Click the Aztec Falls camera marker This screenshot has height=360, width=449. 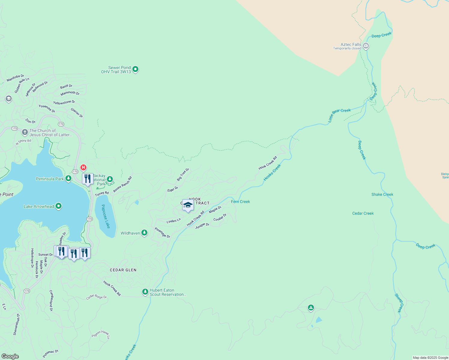pyautogui.click(x=366, y=46)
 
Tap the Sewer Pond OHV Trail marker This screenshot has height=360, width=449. pyautogui.click(x=135, y=69)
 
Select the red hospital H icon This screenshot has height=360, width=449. pyautogui.click(x=83, y=167)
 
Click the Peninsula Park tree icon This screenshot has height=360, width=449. pyautogui.click(x=68, y=178)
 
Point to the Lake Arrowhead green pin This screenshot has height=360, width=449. pyautogui.click(x=59, y=206)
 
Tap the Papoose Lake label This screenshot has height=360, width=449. pyautogui.click(x=106, y=216)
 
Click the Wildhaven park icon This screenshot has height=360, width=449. pyautogui.click(x=144, y=233)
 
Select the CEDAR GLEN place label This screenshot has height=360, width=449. pyautogui.click(x=123, y=270)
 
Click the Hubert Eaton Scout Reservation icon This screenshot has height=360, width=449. pyautogui.click(x=145, y=292)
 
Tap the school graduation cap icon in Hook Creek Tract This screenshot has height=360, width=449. pyautogui.click(x=188, y=205)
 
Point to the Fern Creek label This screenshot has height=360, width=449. pyautogui.click(x=240, y=202)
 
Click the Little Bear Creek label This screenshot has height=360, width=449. pyautogui.click(x=339, y=115)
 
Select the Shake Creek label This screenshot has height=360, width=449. pyautogui.click(x=382, y=194)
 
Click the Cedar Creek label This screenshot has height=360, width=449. pyautogui.click(x=363, y=213)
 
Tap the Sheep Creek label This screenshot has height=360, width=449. pyautogui.click(x=399, y=303)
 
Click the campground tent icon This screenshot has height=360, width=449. pyautogui.click(x=311, y=307)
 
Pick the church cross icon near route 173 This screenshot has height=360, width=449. pyautogui.click(x=25, y=132)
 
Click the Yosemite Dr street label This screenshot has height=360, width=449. pyautogui.click(x=47, y=109)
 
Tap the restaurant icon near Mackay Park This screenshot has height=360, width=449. pyautogui.click(x=88, y=179)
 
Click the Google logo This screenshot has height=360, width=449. pyautogui.click(x=10, y=356)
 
